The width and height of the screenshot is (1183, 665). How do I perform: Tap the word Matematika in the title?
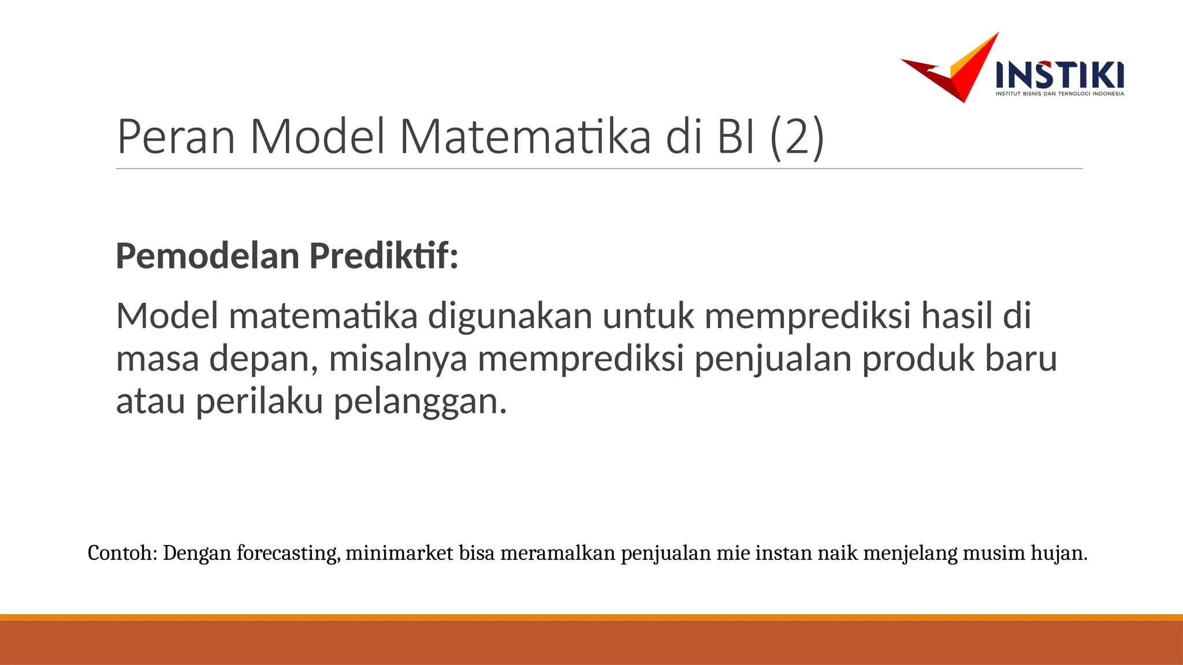point(525,137)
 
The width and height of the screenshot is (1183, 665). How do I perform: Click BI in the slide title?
point(736,137)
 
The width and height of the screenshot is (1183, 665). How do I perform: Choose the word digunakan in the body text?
point(510,316)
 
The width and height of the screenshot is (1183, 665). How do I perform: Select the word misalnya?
point(398,358)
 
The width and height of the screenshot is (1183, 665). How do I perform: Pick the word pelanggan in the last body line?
point(420,401)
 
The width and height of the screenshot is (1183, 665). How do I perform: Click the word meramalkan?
point(557,553)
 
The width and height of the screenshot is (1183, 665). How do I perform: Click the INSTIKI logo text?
point(1060,75)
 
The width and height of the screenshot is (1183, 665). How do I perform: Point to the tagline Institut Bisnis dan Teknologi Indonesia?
point(1060,94)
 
